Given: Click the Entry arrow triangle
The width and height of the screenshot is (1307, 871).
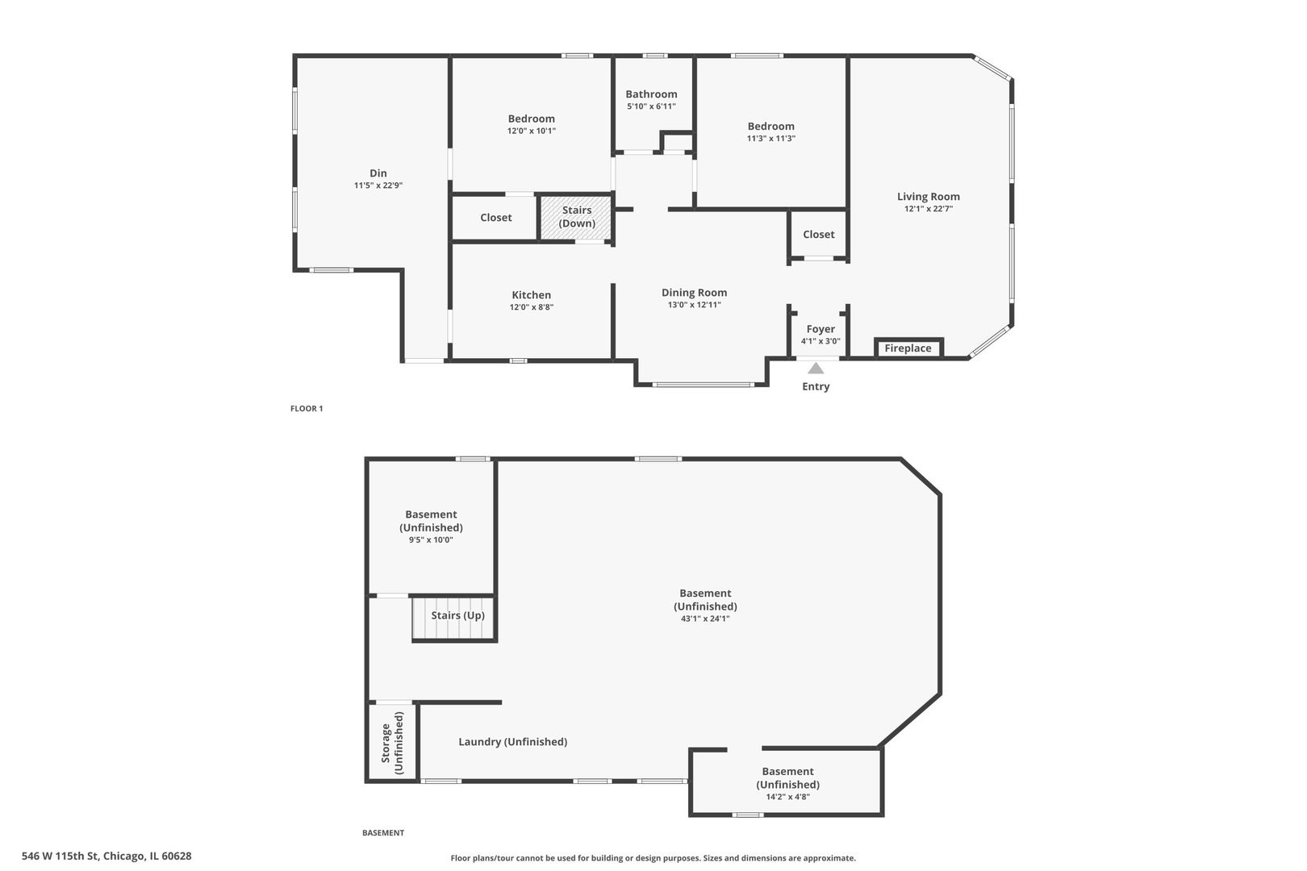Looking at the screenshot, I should (x=816, y=369).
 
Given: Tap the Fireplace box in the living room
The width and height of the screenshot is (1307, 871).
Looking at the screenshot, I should (x=908, y=348).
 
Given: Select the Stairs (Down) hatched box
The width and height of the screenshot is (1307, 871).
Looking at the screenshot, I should (x=577, y=217).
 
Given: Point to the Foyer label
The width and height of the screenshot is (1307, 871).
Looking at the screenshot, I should (x=821, y=329).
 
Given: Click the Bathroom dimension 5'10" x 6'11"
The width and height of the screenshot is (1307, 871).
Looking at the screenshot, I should (x=651, y=106).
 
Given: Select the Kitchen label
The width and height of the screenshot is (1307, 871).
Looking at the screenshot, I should (x=531, y=295).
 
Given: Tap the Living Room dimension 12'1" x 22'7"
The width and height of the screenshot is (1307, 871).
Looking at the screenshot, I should (x=929, y=209).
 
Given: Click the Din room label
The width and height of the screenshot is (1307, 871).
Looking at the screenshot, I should (x=378, y=173).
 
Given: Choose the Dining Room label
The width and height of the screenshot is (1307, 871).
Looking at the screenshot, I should (x=694, y=293).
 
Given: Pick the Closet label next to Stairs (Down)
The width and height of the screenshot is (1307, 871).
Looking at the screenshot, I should (x=496, y=218).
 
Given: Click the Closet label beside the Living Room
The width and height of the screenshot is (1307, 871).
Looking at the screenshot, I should (x=819, y=235).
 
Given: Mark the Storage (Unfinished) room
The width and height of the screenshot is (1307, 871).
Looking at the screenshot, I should (x=393, y=742).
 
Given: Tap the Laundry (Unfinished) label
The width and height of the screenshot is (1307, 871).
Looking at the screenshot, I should (x=512, y=742).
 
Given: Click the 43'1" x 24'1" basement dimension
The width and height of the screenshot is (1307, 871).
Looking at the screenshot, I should (x=705, y=619).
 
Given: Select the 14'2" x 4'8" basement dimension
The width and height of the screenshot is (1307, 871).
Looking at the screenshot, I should (x=787, y=798).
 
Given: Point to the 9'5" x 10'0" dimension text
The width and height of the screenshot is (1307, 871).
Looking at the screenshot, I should (x=431, y=540).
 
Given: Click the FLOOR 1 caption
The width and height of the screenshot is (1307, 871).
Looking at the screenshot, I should (x=307, y=409).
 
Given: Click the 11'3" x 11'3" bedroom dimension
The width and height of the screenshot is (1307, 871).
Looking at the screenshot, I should (x=770, y=139).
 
